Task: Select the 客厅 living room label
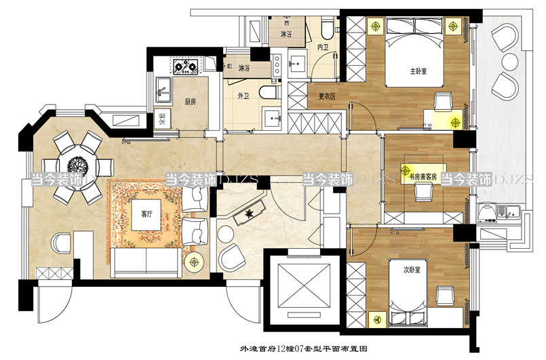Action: coord(147,213)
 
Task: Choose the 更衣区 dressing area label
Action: coord(328,96)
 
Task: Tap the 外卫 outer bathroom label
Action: coord(243,96)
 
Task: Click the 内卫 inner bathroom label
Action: coord(324,47)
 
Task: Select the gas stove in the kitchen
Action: coord(185,66)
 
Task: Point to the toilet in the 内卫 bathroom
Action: coord(327,27)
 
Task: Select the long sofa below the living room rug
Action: coord(146,260)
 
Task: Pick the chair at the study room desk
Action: coord(425,192)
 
